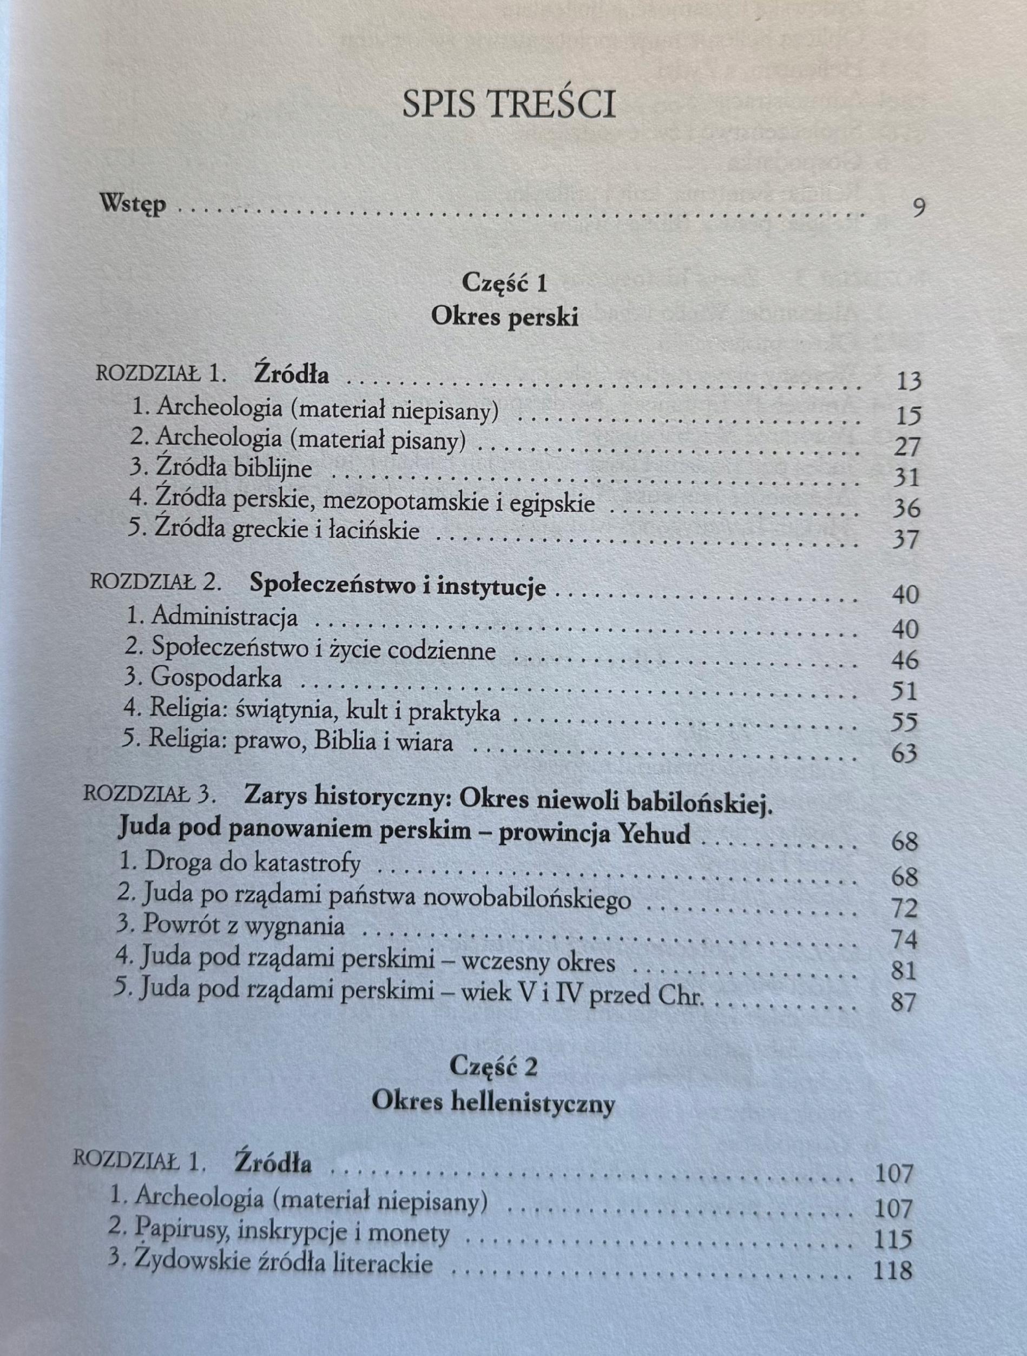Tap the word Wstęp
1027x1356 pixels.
coord(133,204)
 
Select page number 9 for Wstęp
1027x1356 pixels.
coord(918,208)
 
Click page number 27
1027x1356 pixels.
coord(907,446)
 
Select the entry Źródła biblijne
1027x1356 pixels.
coord(233,469)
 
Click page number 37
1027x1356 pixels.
coord(906,539)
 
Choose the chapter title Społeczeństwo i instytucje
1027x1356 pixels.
coord(397,586)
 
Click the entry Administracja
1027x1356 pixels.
coord(224,617)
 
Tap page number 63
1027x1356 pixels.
coord(904,753)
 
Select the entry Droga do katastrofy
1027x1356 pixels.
coord(252,863)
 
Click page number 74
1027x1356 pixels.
coord(904,940)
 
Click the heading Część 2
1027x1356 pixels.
coord(493,1067)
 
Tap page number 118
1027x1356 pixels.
coord(892,1269)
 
